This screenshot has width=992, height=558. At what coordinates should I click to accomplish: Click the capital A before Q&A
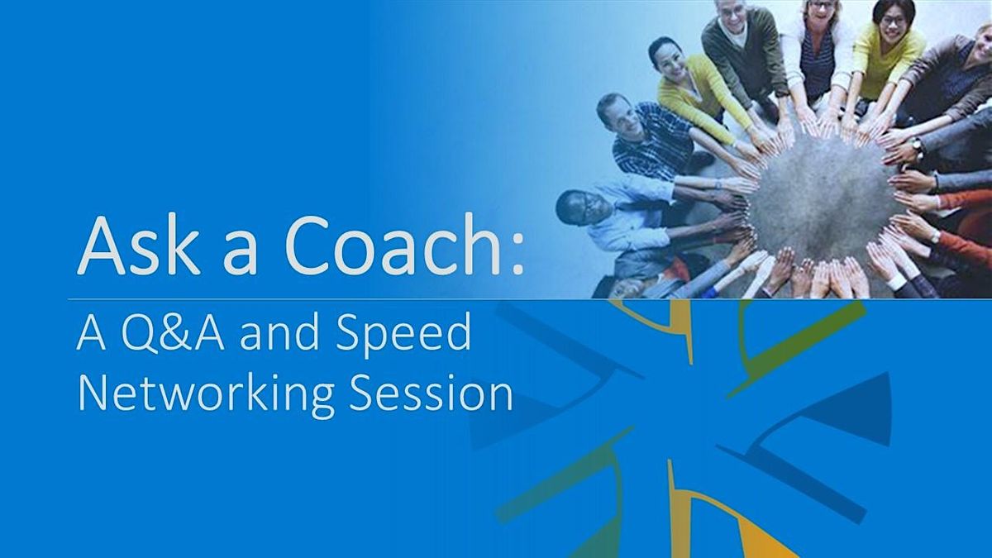tap(91, 333)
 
